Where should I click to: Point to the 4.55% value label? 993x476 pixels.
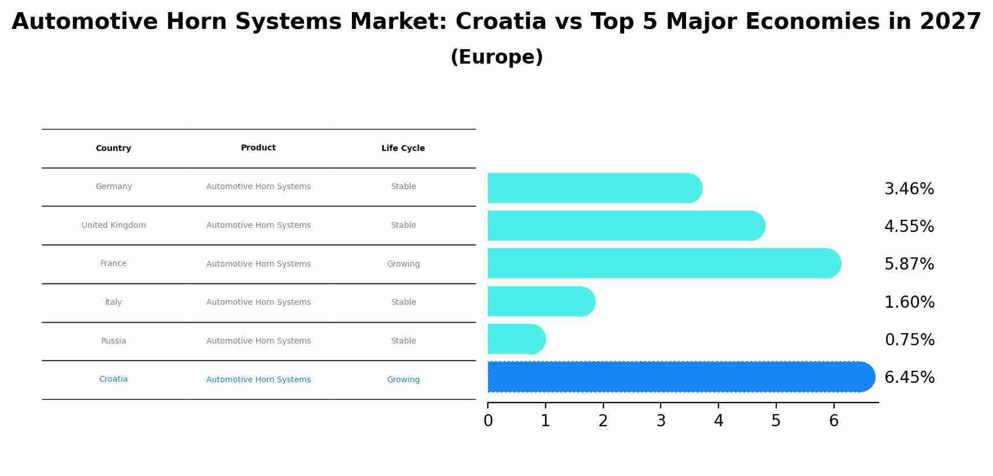point(909,227)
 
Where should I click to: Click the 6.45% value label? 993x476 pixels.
point(909,378)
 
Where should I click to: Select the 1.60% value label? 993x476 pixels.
point(909,302)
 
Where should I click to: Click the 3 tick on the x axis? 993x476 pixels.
point(661,421)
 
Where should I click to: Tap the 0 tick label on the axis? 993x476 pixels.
point(488,421)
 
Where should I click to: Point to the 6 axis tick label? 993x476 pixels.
point(833,421)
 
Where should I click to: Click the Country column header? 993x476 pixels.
point(113,149)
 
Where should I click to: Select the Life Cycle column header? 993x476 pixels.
point(403,149)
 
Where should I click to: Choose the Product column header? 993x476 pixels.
point(258,148)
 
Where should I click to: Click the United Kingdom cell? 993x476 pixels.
point(113,226)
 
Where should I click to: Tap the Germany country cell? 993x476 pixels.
point(113,187)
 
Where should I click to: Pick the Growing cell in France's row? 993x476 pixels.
point(403,264)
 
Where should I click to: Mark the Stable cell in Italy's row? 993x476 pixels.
point(403,302)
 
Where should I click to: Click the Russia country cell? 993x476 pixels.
point(113,341)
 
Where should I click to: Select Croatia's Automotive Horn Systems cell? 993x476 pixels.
point(258,380)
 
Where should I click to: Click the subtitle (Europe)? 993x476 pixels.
point(497,57)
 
